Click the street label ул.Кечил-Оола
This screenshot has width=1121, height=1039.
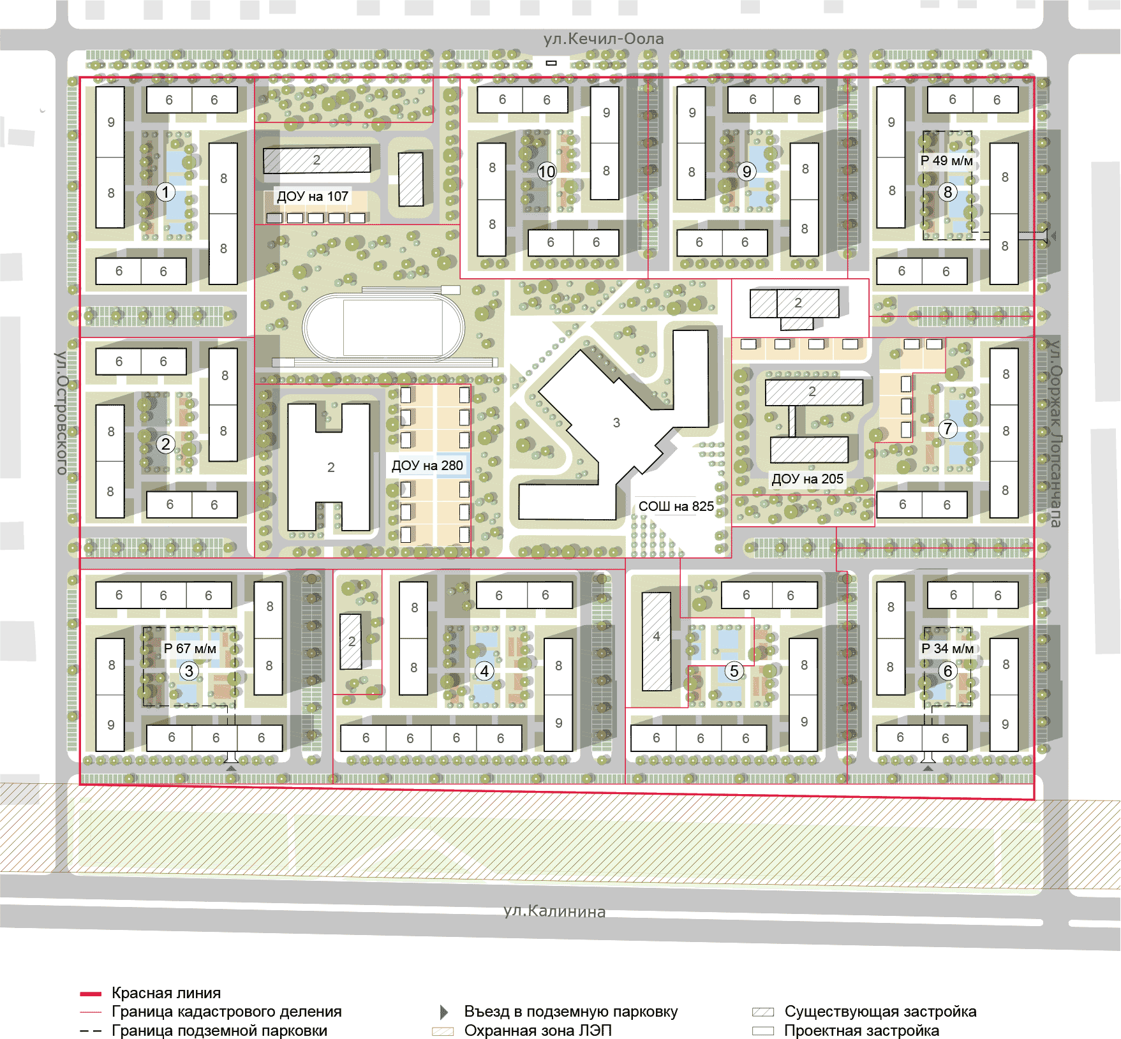pos(604,39)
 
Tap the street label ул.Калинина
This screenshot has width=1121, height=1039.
pos(554,911)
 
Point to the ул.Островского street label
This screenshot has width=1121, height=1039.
pos(61,413)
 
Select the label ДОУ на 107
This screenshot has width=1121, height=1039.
pos(313,196)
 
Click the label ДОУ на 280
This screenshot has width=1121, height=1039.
pos(427,466)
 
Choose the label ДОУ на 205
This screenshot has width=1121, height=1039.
pos(808,479)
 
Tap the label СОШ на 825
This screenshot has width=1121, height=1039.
pos(676,506)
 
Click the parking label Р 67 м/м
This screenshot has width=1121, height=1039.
pos(190,649)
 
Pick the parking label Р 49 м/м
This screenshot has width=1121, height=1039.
pos(947,161)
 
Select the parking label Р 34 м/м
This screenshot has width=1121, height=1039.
pos(947,649)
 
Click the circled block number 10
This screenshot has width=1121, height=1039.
pos(547,172)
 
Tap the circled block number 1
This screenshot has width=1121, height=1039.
pos(166,192)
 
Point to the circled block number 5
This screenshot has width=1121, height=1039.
pos(734,671)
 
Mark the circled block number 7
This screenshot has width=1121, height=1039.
pos(948,429)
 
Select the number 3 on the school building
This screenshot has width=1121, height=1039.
pos(616,423)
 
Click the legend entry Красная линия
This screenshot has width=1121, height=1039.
pos(167,993)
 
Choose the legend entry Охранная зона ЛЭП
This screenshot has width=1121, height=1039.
pos(538,1031)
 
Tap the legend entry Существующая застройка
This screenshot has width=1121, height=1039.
pos(880,1012)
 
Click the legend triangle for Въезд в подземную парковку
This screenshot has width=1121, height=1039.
pos(444,1012)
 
